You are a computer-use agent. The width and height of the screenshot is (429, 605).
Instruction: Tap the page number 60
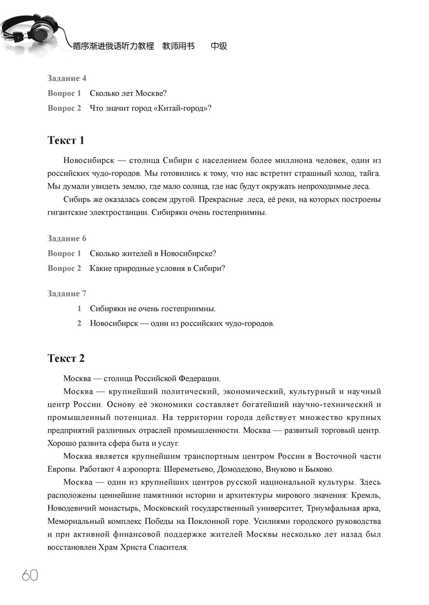30,575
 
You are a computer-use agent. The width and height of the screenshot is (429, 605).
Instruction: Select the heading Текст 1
66,140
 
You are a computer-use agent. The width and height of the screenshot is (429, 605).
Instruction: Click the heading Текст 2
66,358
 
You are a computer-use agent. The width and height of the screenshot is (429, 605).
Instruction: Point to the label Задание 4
66,78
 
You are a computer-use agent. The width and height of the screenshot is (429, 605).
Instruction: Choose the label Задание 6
66,238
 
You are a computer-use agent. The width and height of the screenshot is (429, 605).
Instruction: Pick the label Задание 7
66,294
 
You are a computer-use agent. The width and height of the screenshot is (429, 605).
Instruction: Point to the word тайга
370,173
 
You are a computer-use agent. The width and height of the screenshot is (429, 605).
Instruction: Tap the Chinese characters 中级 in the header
219,46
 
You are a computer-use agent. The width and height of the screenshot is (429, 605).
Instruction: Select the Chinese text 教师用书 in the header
178,46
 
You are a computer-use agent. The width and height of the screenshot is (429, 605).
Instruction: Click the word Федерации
199,379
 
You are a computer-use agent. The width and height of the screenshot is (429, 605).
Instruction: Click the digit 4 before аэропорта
118,469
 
